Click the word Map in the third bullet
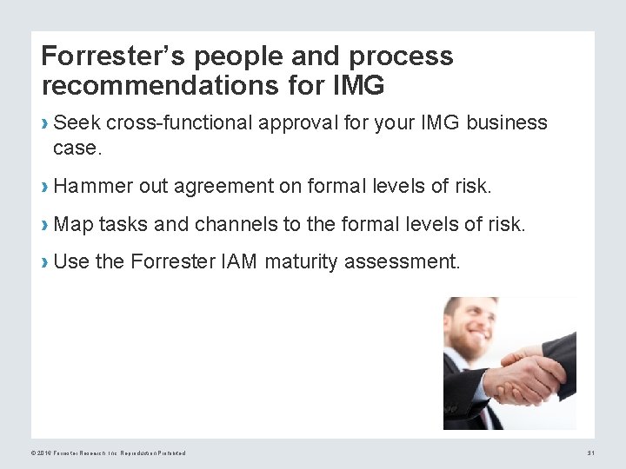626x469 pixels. [x=73, y=224]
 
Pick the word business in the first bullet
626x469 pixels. [x=507, y=122]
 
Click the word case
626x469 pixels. [x=77, y=148]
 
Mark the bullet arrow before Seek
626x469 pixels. [x=44, y=123]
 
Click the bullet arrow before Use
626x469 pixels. [x=44, y=262]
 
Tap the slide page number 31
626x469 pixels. [x=590, y=452]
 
